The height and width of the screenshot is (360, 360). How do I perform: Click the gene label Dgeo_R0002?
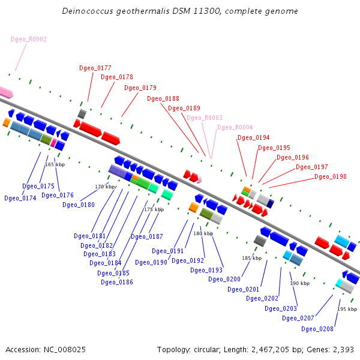29,39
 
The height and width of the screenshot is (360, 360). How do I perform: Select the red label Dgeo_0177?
95,68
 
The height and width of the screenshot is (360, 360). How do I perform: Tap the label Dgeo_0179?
140,88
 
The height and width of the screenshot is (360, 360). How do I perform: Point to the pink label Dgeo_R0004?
235,127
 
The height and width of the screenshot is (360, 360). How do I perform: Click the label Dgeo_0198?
331,176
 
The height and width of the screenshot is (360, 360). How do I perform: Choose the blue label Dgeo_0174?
20,198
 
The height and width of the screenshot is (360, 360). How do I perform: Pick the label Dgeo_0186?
117,282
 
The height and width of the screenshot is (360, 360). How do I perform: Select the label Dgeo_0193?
206,270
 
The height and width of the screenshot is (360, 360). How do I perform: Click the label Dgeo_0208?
317,329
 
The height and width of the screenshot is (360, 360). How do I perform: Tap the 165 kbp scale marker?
55,164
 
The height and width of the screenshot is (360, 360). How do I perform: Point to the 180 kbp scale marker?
203,233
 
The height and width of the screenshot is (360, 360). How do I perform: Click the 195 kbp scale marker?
347,309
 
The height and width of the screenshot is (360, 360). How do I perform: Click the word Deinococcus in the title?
88,11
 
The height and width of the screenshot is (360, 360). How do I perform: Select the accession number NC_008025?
65,350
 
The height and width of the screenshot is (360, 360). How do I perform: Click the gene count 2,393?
343,350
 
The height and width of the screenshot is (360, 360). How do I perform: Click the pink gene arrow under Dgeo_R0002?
6,92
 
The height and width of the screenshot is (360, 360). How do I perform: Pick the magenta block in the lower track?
53,143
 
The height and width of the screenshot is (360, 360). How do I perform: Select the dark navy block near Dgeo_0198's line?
270,204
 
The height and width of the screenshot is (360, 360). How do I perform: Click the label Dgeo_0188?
163,99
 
